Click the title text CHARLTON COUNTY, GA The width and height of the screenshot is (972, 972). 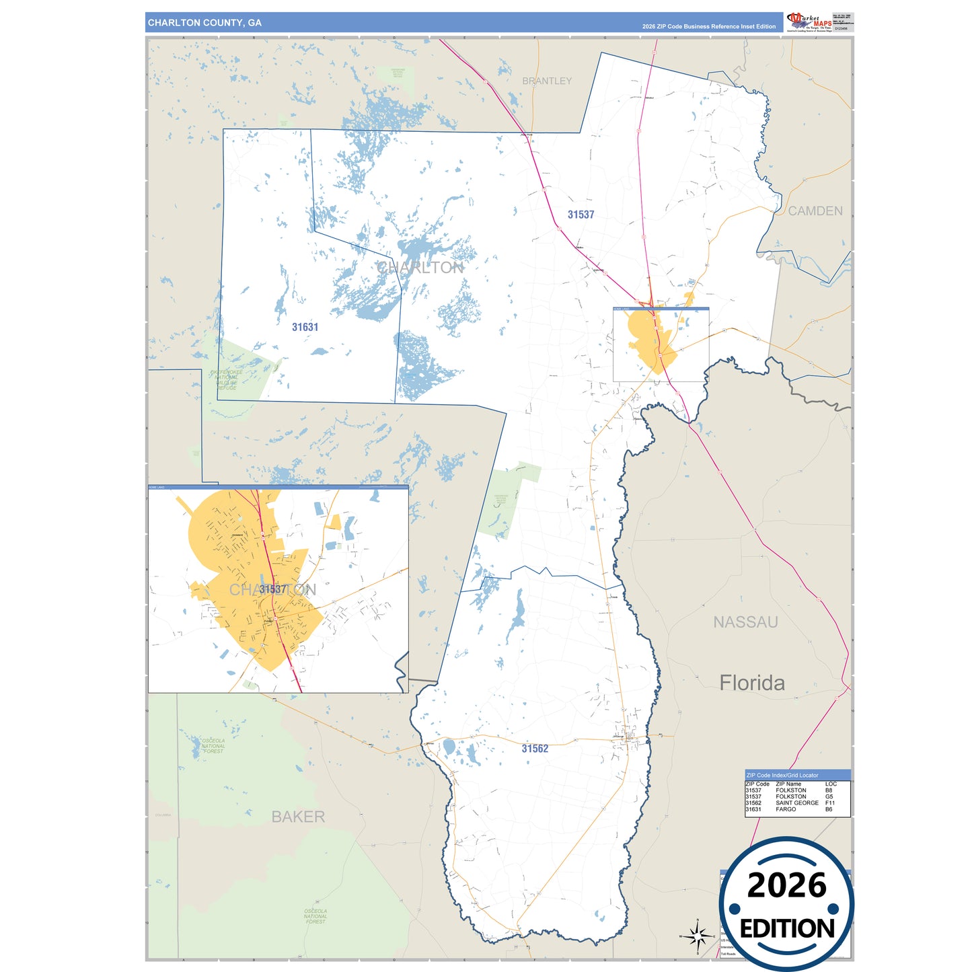pyautogui.click(x=204, y=23)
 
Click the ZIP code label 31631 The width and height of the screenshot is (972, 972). pyautogui.click(x=305, y=328)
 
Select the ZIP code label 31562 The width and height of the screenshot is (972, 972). pyautogui.click(x=535, y=749)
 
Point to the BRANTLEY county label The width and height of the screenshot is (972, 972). pyautogui.click(x=547, y=81)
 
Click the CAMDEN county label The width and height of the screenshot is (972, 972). pyautogui.click(x=815, y=211)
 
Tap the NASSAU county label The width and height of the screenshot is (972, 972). pyautogui.click(x=745, y=622)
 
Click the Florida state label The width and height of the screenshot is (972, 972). pyautogui.click(x=752, y=683)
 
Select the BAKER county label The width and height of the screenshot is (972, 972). pyautogui.click(x=298, y=817)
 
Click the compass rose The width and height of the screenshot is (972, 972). pyautogui.click(x=698, y=936)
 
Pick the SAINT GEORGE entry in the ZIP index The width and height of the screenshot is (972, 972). pyautogui.click(x=797, y=803)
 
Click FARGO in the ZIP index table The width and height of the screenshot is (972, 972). pyautogui.click(x=786, y=809)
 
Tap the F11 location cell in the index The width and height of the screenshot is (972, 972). pyautogui.click(x=830, y=803)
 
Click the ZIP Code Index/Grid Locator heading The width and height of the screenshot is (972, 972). pyautogui.click(x=782, y=776)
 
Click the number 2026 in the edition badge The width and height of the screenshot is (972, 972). pyautogui.click(x=786, y=885)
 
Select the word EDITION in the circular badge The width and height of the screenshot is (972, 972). pyautogui.click(x=787, y=929)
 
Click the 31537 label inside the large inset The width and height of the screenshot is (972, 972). pyautogui.click(x=272, y=589)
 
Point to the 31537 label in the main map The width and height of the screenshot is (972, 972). pyautogui.click(x=581, y=215)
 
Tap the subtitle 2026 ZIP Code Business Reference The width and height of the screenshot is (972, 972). pyautogui.click(x=708, y=27)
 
